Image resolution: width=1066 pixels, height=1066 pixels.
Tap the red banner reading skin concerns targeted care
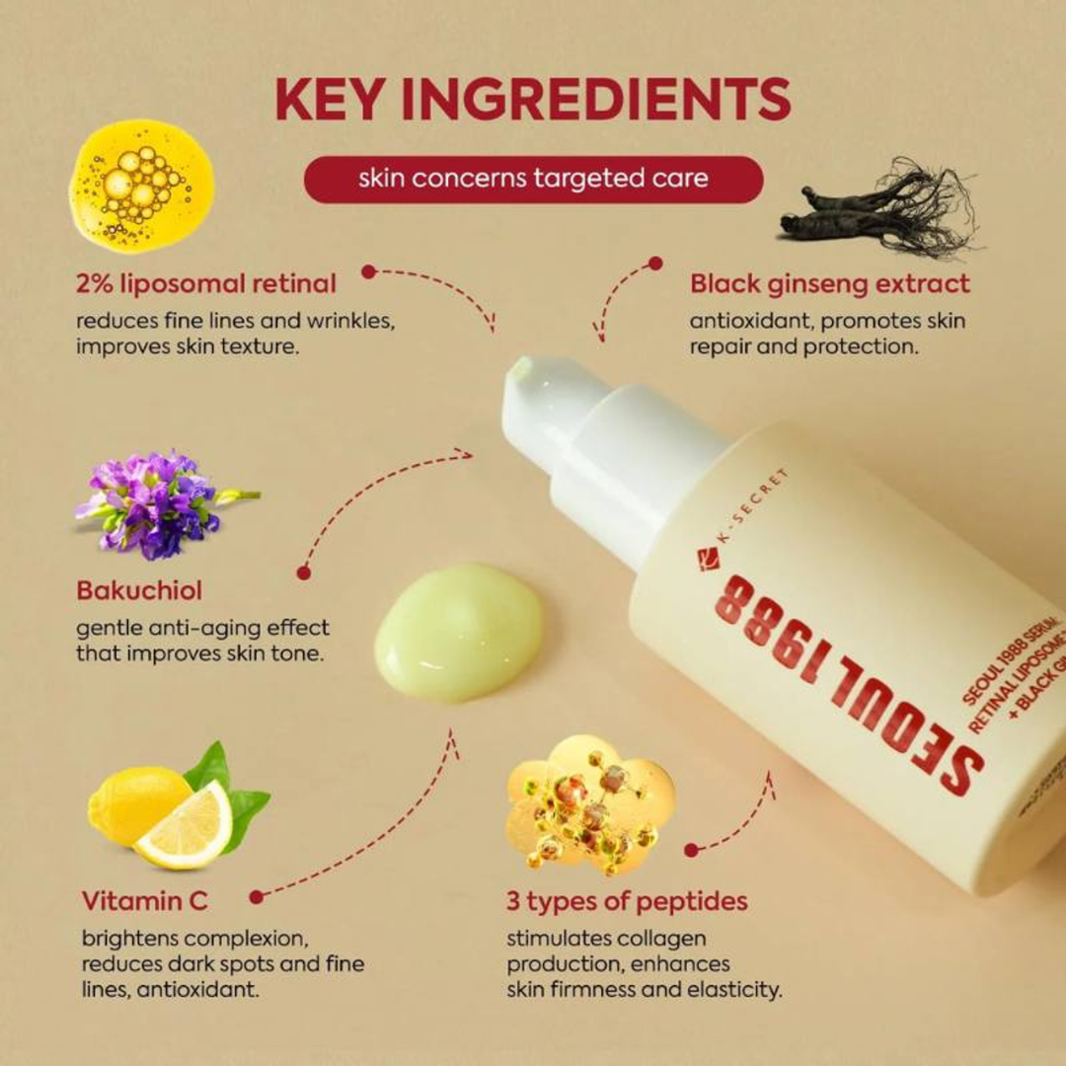tap(533, 179)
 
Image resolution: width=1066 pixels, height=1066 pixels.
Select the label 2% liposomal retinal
tap(206, 284)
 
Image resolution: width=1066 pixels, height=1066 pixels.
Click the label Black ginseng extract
tap(829, 284)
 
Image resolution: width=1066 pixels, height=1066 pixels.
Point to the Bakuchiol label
tap(139, 591)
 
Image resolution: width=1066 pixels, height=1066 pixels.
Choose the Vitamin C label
tap(144, 900)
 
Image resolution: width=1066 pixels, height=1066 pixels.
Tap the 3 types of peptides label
tap(627, 900)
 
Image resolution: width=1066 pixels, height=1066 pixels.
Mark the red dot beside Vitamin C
tap(257, 897)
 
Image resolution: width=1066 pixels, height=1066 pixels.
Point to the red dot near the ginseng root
tap(654, 264)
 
